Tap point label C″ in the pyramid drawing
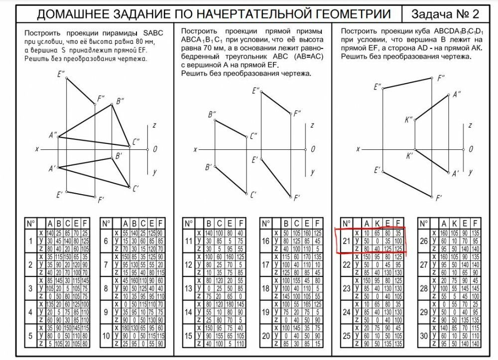click(x=135, y=142)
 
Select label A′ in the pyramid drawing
click(x=52, y=169)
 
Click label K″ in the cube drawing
click(x=409, y=120)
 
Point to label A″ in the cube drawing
click(x=456, y=94)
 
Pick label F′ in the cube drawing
click(x=439, y=198)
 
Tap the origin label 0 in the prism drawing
click(x=313, y=149)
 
